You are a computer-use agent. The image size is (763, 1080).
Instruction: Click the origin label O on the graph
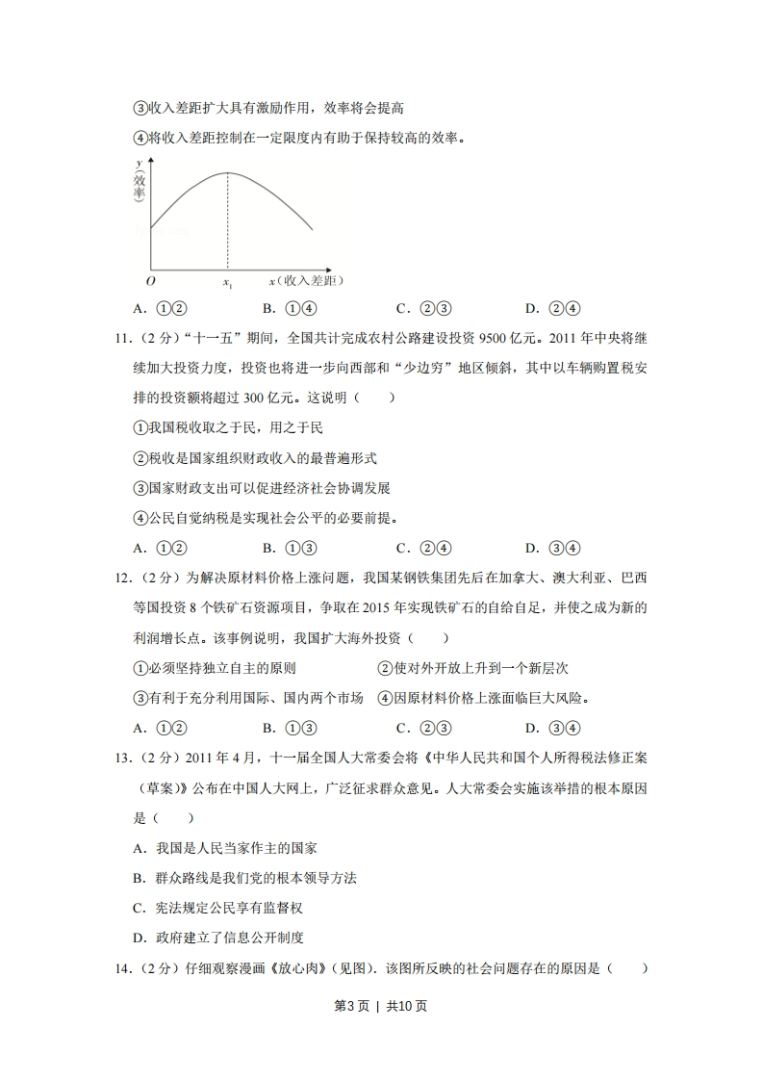tap(150, 281)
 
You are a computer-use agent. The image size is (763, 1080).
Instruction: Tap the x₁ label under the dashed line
tap(228, 283)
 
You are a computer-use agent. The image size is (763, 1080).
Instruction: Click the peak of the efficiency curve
tap(228, 172)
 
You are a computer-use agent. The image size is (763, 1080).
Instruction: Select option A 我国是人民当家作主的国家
tap(224, 848)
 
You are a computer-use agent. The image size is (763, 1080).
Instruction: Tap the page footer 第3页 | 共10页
tap(380, 1006)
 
